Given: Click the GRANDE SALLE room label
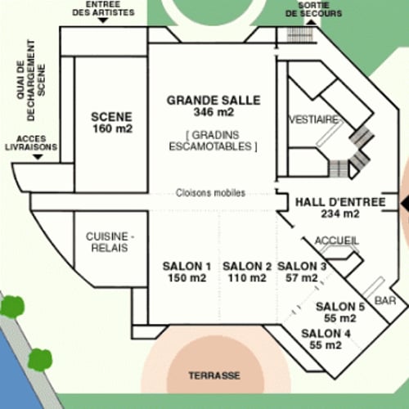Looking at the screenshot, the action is click(213, 106).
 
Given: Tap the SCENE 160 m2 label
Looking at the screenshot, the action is click(112, 123).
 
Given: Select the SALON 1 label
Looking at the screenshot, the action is click(187, 272).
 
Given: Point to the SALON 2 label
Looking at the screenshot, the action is click(247, 272).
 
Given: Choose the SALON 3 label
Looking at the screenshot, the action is click(302, 272).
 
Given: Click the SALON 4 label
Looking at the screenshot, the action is click(326, 339).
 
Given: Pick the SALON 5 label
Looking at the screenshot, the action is click(340, 312).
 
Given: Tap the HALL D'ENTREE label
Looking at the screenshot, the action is click(340, 208).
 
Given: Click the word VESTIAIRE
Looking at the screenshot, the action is click(313, 119).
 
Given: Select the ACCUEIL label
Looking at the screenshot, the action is click(337, 240).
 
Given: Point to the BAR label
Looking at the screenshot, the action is click(385, 300).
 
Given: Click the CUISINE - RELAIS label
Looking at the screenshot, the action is click(110, 242).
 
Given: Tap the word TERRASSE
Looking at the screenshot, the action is click(214, 375).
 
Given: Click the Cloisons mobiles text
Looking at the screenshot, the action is click(210, 193).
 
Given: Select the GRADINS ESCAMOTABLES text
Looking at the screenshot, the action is click(213, 141).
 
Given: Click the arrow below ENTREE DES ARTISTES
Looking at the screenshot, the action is click(103, 20).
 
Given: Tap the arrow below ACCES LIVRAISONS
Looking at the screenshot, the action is click(38, 157).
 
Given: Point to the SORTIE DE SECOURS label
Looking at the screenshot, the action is click(313, 9).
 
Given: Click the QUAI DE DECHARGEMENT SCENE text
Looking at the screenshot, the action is click(30, 80).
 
